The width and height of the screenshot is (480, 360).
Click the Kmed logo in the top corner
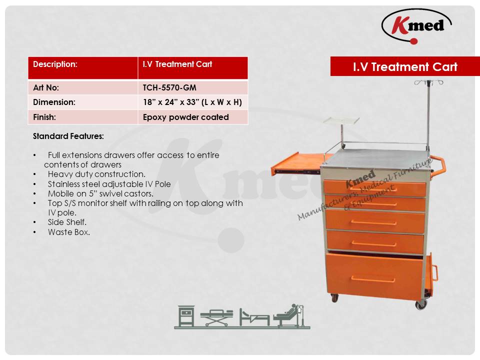click(x=416, y=26)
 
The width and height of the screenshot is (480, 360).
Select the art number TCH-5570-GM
click(x=169, y=88)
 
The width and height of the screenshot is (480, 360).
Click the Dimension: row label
click(x=54, y=102)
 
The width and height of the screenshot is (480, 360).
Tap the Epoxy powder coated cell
click(x=186, y=117)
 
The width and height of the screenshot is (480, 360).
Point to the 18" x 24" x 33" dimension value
click(x=192, y=102)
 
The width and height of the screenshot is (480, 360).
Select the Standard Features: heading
click(x=68, y=136)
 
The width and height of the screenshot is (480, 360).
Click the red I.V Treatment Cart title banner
click(x=405, y=66)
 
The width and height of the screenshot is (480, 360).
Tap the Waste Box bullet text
click(x=69, y=232)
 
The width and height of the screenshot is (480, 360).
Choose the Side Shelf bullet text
click(x=67, y=222)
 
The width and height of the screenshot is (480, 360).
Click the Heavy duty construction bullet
click(x=96, y=174)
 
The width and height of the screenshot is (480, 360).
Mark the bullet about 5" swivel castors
click(x=100, y=194)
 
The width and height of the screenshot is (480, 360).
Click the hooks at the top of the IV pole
click(x=428, y=82)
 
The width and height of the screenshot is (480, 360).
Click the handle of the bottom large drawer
click(x=373, y=279)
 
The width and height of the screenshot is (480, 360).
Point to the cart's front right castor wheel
click(x=421, y=304)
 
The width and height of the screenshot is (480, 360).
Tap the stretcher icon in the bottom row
click(x=216, y=317)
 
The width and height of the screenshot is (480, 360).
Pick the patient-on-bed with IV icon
click(x=289, y=315)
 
